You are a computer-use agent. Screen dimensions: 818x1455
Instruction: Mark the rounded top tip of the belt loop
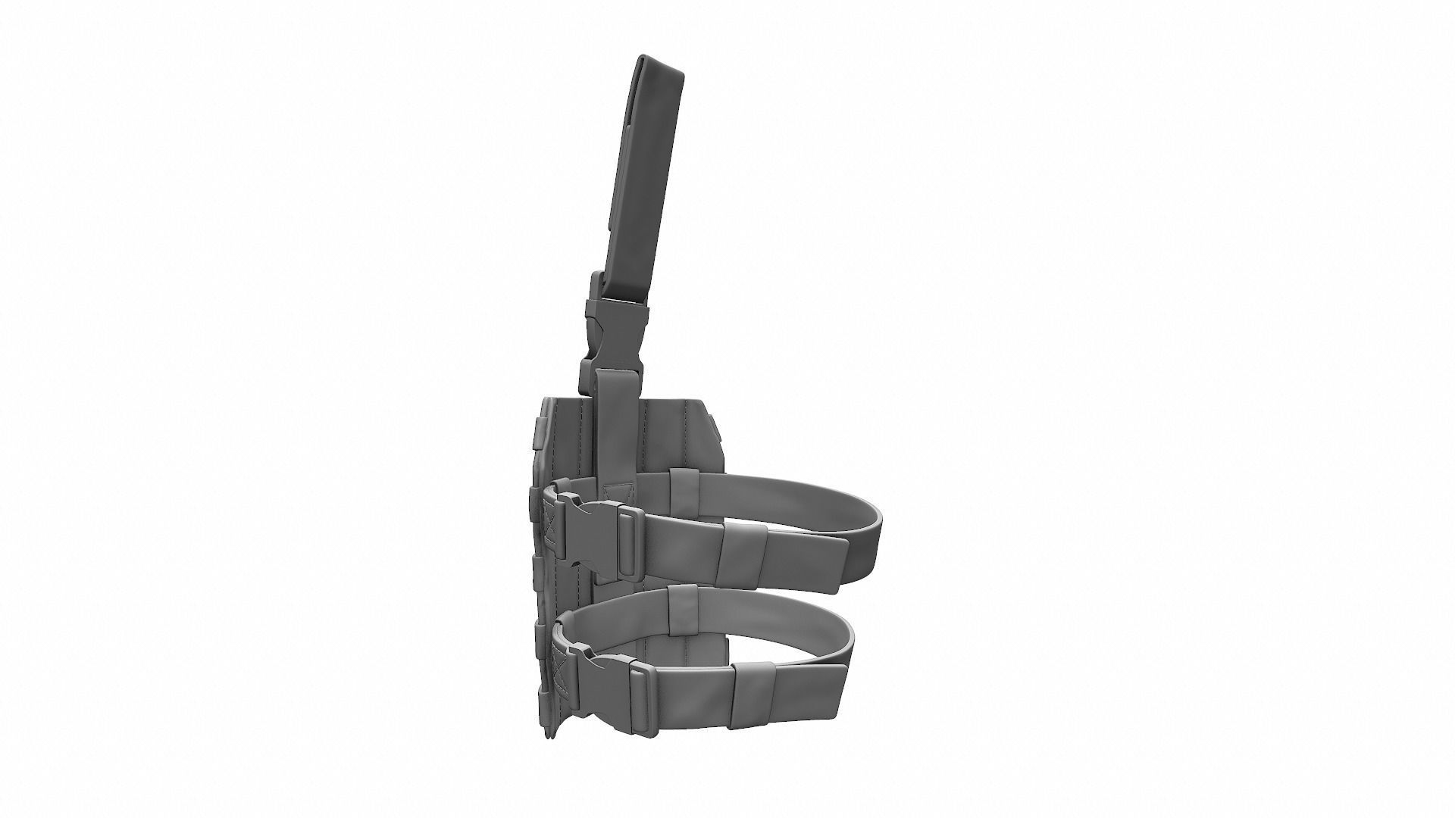[x=660, y=63]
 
